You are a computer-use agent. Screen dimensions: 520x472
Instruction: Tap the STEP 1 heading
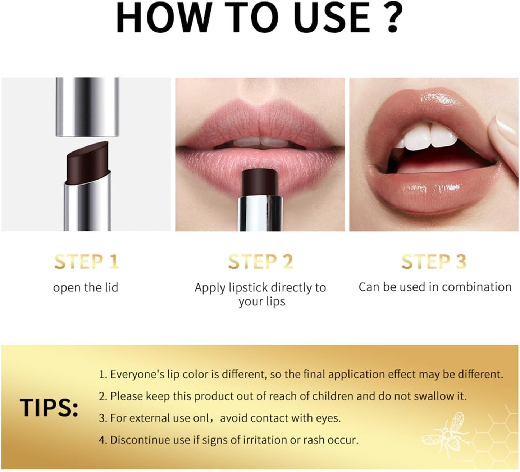(87, 262)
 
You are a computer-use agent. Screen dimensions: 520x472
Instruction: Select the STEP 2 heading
(260, 262)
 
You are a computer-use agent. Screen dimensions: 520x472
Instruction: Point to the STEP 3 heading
(434, 262)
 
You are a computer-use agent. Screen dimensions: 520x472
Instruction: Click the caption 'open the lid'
(86, 287)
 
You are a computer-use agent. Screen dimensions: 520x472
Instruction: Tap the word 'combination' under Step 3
(477, 287)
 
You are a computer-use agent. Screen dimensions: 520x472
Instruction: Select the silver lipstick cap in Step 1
(88, 107)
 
